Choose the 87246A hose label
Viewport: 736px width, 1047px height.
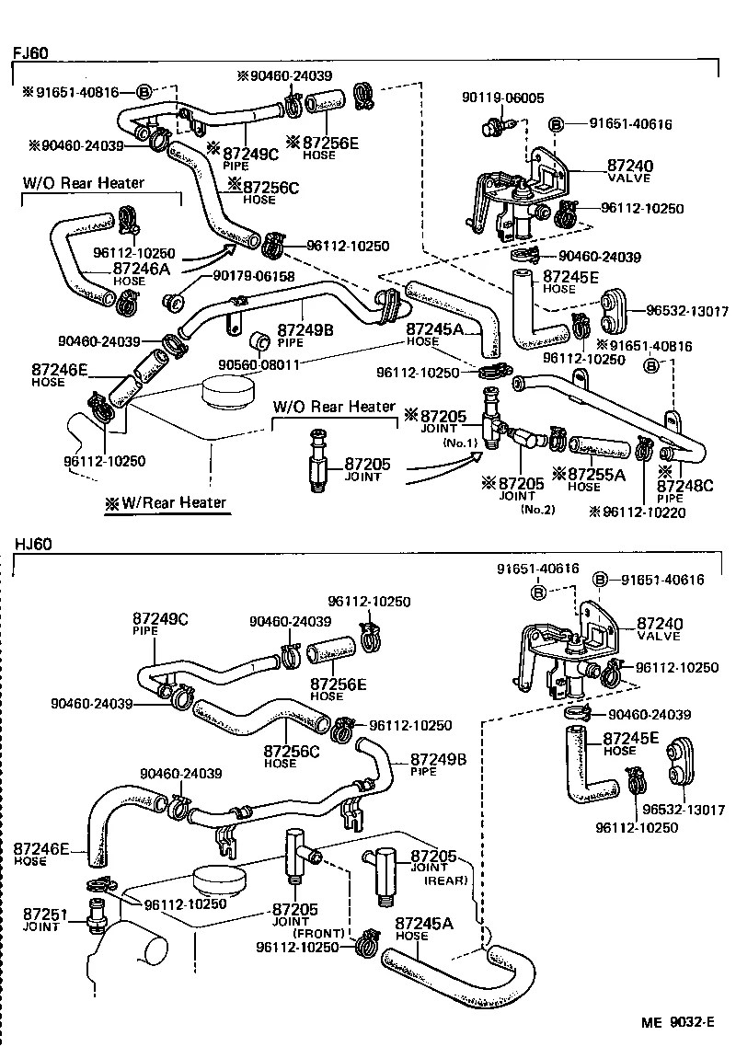click(x=143, y=269)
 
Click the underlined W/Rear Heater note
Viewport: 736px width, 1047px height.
click(x=165, y=502)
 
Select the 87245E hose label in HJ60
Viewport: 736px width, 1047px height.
click(x=631, y=738)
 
